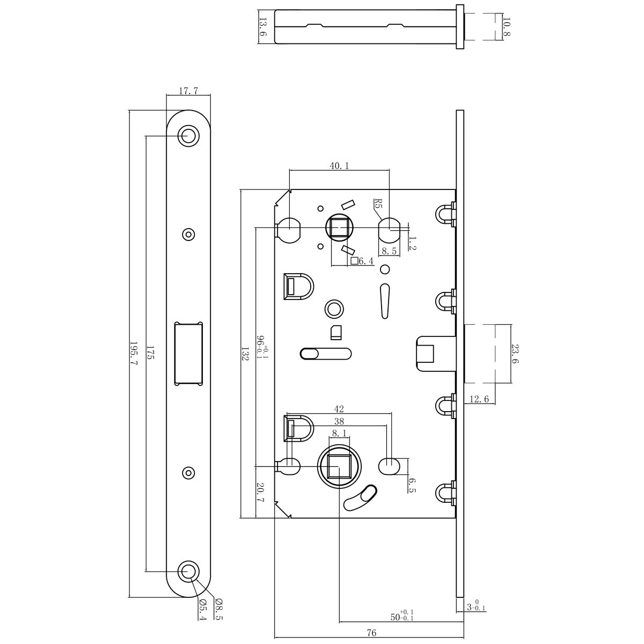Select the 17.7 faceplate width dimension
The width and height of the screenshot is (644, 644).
coord(188,91)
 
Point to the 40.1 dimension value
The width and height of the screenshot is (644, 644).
coord(339,166)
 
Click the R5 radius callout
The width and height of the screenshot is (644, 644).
coord(378,203)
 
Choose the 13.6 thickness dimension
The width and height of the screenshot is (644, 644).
coord(262,27)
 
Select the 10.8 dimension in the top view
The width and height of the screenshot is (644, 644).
coord(505,27)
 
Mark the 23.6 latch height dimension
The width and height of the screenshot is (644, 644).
coord(515,354)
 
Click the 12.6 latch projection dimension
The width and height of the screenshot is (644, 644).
coord(479,398)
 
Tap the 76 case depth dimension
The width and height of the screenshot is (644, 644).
coord(371,633)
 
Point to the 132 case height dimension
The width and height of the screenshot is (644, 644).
coord(245,354)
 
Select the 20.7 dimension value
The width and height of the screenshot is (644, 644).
coord(260,492)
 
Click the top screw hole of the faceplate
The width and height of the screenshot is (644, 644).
coord(188,136)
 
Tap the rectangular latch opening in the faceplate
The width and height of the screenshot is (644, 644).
coord(188,353)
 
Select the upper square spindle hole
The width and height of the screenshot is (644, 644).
coord(339,228)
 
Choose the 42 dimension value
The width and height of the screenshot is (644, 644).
coord(339,409)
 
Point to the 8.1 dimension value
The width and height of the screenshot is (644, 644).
coord(339,433)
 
